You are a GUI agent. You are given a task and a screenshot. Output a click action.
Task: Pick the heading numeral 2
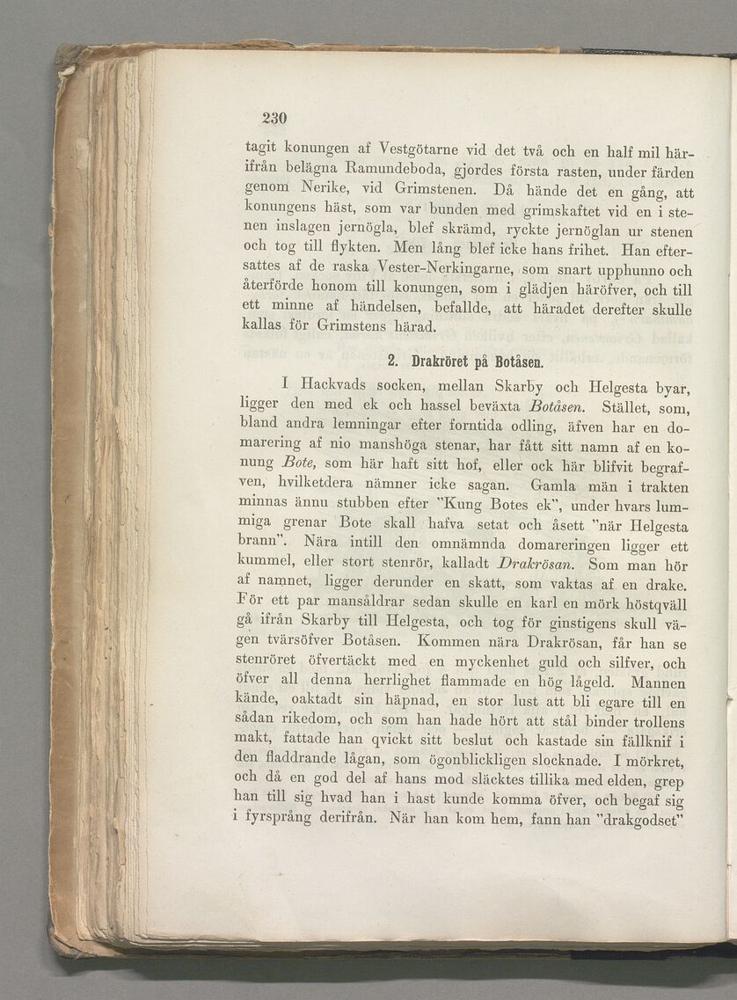point(392,361)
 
